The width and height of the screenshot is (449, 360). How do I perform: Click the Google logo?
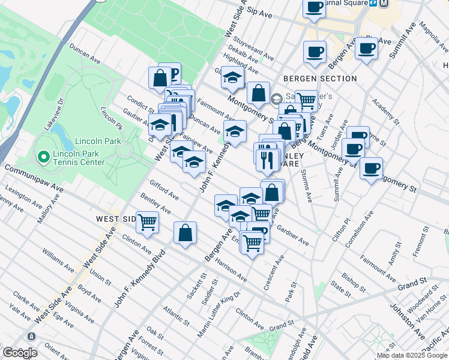click(x=19, y=353)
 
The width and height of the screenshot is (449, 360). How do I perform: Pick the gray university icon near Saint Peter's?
click(x=276, y=98)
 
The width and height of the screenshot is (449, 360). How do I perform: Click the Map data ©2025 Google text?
click(x=412, y=355)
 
